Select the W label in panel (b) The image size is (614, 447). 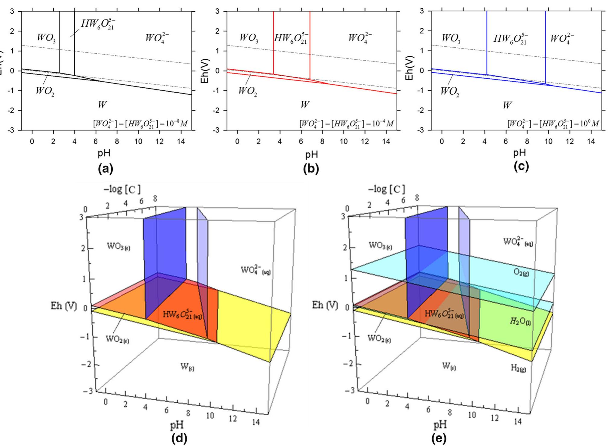coord(305,105)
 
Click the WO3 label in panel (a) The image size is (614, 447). coord(46,38)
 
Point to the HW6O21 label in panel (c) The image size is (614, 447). coord(510,39)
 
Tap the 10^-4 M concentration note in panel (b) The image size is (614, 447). coord(346,124)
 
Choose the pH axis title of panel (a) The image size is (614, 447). coord(104,153)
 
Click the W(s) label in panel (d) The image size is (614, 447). coord(187,367)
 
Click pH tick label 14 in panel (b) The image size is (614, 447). coord(386,141)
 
